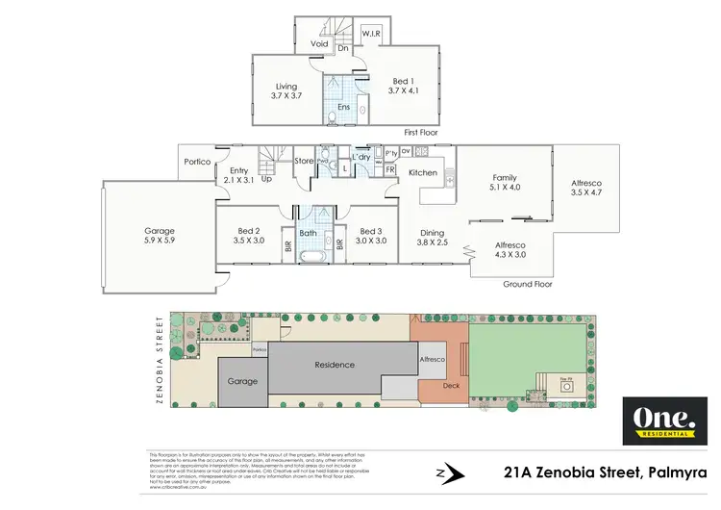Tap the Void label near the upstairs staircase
(x=320, y=43)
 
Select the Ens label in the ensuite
(x=343, y=107)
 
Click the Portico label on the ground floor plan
(x=197, y=161)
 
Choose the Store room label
(x=304, y=161)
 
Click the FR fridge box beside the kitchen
(x=390, y=169)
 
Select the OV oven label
(x=406, y=151)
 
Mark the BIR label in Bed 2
(x=287, y=245)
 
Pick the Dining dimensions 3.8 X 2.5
(x=433, y=242)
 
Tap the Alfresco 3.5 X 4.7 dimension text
(x=585, y=192)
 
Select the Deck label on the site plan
(x=451, y=385)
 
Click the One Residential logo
(x=659, y=421)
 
